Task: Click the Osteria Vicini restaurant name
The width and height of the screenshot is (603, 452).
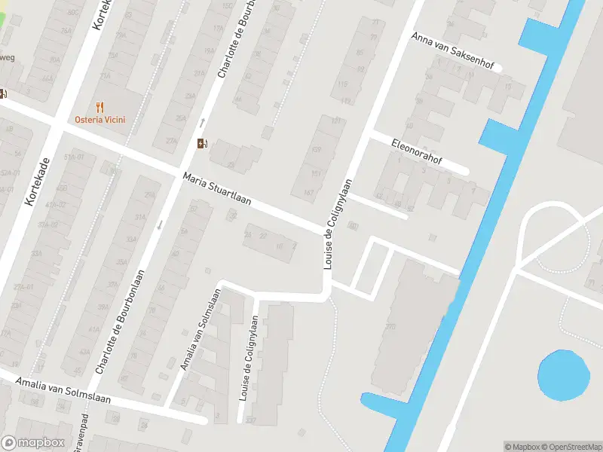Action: [99, 120]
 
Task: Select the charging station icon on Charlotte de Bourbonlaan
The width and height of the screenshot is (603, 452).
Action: [201, 144]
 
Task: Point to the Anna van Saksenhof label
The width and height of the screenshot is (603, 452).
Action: [452, 51]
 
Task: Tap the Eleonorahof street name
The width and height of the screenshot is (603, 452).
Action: [416, 149]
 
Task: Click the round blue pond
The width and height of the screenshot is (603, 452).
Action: [563, 375]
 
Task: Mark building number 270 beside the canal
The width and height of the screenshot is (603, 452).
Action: [390, 325]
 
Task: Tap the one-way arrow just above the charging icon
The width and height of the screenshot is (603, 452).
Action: [201, 122]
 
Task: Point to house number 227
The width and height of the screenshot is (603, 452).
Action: [251, 420]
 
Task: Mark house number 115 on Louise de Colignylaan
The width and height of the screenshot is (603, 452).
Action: [343, 83]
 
